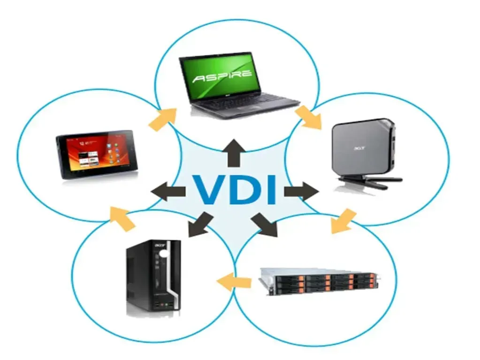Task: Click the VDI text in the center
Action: pyautogui.click(x=235, y=190)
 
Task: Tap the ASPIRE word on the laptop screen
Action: pyautogui.click(x=222, y=77)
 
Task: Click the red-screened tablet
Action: pyautogui.click(x=97, y=154)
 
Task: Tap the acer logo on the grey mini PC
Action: pyautogui.click(x=360, y=148)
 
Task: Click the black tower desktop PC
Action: pyautogui.click(x=153, y=275)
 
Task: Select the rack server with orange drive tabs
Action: pyautogui.click(x=319, y=282)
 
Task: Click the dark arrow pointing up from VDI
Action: pyautogui.click(x=235, y=153)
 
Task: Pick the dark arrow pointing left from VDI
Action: pyautogui.click(x=168, y=191)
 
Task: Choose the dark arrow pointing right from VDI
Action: pyautogui.click(x=302, y=192)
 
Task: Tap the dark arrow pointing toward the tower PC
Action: pyautogui.click(x=200, y=225)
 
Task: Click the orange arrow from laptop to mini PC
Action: pyautogui.click(x=309, y=117)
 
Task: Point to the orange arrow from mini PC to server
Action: pyautogui.click(x=343, y=221)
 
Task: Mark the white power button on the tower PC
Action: pyautogui.click(x=164, y=254)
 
